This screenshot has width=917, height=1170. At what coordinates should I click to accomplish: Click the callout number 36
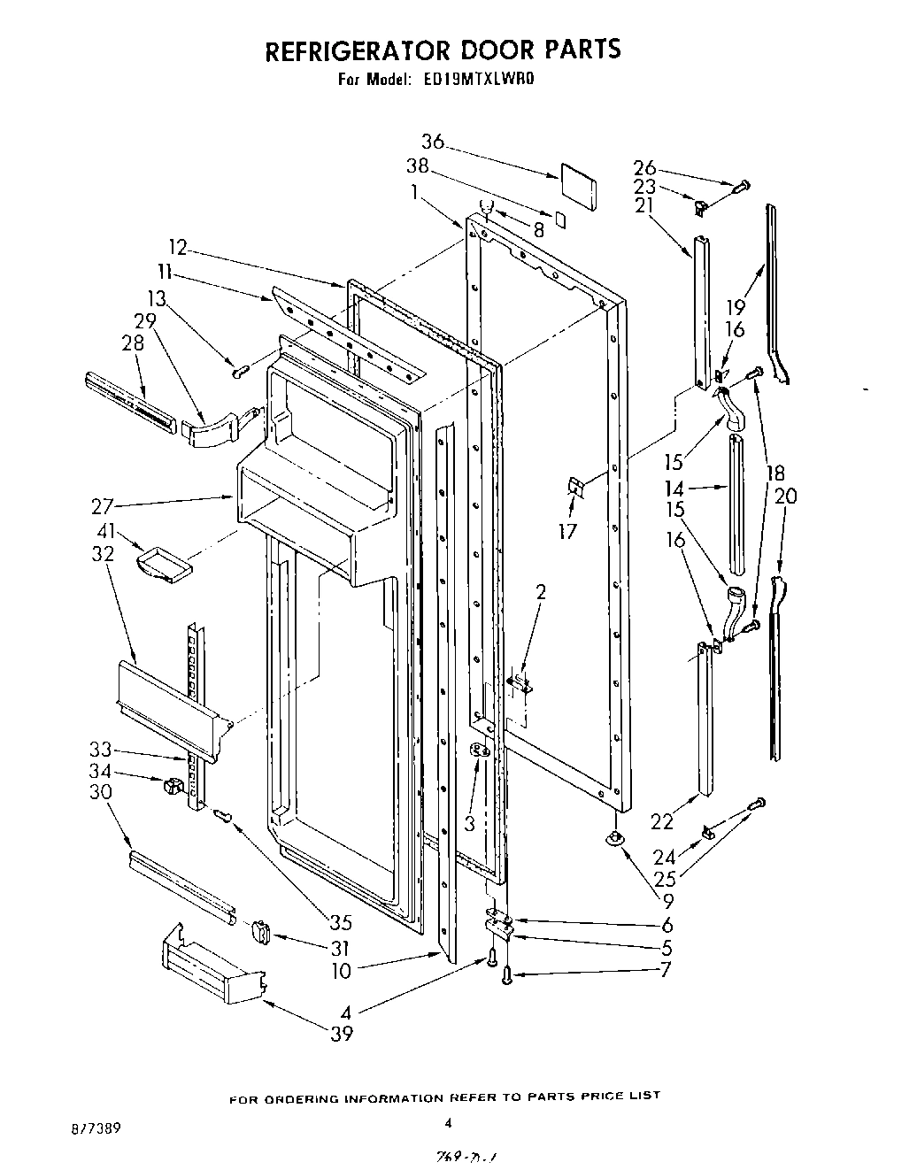432,142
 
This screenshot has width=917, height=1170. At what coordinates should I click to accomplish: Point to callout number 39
341,1033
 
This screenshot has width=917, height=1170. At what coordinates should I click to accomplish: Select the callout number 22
662,822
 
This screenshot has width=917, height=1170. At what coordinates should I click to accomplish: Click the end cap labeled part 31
259,932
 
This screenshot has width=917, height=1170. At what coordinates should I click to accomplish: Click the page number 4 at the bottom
448,1123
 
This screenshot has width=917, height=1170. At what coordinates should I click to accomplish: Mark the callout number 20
784,496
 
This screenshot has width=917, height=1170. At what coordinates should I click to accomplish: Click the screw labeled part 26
741,186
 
